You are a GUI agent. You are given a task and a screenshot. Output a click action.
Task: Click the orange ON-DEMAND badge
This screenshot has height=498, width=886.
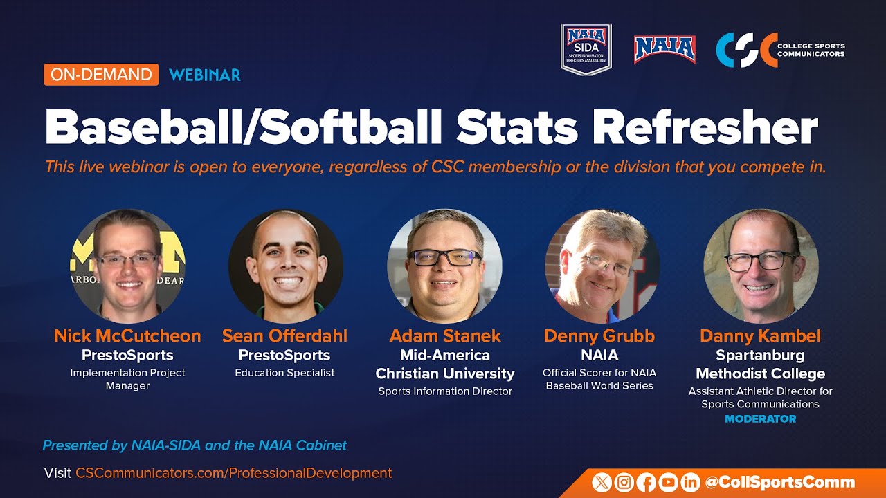pos(101,75)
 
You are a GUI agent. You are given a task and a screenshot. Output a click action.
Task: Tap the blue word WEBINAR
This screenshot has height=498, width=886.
pos(205,75)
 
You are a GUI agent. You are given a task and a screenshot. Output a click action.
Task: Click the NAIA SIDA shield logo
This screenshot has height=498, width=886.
pos(586,49)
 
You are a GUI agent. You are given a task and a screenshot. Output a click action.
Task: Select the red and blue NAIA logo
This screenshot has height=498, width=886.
pos(664,49)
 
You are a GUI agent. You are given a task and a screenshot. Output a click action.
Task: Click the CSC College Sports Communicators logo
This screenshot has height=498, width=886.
pos(780,50)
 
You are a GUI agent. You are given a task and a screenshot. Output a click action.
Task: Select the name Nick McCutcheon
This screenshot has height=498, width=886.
pos(127,336)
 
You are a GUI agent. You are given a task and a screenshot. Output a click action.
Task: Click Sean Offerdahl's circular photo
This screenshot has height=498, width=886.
pos(285,266)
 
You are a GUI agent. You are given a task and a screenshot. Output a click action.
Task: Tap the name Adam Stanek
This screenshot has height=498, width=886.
pos(445,336)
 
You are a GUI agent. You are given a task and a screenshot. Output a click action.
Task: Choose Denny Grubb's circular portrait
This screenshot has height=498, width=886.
pos(602,266)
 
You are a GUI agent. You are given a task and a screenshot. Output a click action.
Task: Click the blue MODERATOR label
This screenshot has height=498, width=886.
pos(760,418)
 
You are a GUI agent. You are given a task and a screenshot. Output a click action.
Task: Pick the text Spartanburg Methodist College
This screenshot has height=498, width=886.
pos(760,365)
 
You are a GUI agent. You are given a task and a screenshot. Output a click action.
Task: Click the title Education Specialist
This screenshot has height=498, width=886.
pos(284,373)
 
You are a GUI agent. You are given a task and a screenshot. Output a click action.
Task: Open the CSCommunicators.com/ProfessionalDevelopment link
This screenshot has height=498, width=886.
pos(233,473)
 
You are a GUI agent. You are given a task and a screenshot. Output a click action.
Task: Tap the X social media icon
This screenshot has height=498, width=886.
pos(602,483)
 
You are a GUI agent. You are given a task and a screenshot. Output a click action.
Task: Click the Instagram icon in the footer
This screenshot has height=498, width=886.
pos(624,483)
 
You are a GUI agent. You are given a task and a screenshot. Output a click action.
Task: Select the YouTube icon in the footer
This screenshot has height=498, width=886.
pos(668,483)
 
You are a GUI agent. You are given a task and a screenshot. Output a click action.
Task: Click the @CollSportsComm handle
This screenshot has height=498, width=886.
pos(779,483)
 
